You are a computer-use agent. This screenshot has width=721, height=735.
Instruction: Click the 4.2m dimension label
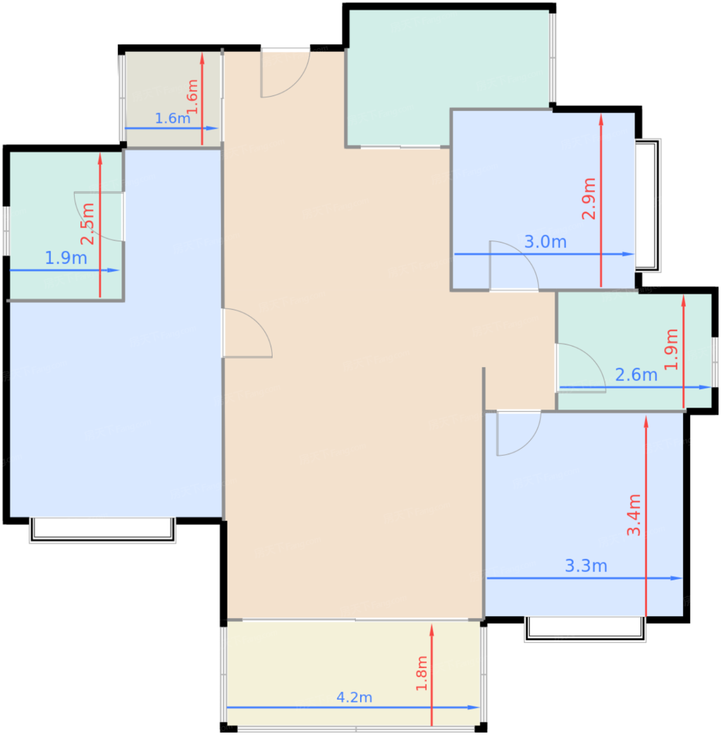(354, 698)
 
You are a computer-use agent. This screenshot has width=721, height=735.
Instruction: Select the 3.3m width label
(586, 565)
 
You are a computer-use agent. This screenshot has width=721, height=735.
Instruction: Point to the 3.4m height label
(634, 515)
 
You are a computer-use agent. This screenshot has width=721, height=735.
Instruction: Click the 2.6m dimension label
(636, 375)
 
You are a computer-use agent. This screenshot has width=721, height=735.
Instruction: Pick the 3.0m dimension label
(545, 242)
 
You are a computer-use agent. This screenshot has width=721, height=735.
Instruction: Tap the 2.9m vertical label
(589, 199)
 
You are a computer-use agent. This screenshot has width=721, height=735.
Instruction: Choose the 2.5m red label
(87, 224)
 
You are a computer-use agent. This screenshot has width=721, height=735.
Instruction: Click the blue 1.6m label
(173, 118)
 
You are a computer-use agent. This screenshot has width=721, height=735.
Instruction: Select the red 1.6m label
(192, 97)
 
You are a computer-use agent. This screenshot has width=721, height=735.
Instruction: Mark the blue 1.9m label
(66, 258)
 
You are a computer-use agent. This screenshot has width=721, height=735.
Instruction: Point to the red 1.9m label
(671, 349)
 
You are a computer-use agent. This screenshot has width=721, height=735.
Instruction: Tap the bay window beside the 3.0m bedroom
(648, 205)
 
